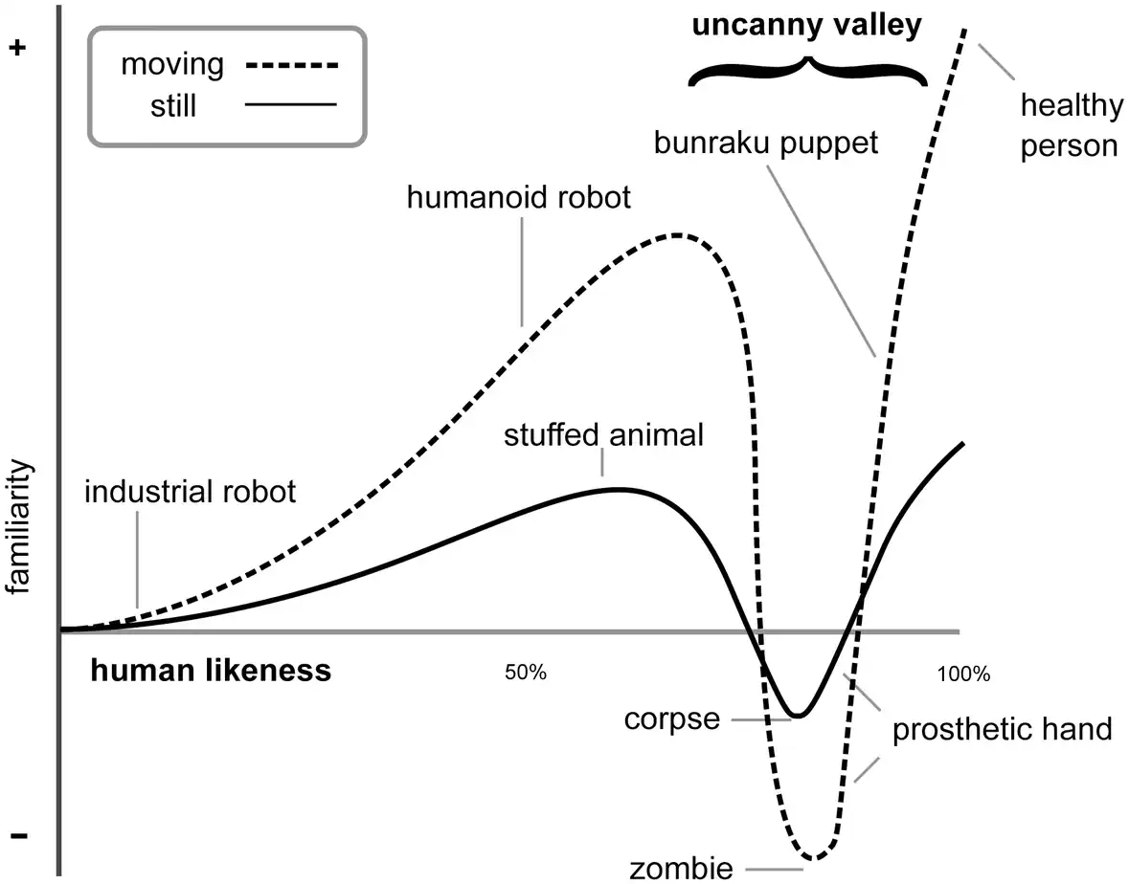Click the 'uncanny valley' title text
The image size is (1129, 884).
806,26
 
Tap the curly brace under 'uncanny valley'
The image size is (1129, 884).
808,71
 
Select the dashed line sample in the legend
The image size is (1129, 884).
292,65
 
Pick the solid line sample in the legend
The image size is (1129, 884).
291,104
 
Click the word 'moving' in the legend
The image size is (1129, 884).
172,65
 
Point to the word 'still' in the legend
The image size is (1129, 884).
172,106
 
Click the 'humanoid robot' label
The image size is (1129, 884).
518,197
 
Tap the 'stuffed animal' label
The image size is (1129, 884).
603,435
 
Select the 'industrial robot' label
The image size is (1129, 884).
191,492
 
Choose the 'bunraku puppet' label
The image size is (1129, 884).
765,144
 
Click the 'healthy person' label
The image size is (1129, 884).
1072,126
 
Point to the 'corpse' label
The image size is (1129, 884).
672,719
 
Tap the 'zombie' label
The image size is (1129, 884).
681,868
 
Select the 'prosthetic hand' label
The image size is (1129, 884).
1003,729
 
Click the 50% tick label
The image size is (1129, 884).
526,673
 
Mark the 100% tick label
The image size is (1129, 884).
963,674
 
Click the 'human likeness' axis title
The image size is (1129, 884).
211,671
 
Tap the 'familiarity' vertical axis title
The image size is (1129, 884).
18,526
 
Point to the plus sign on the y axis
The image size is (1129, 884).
17,48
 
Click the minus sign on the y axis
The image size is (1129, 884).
19,836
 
